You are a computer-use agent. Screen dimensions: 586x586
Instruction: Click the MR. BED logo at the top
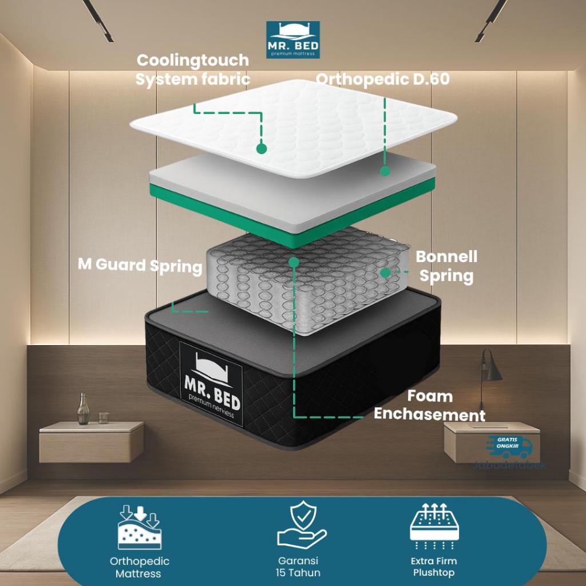(x=293, y=39)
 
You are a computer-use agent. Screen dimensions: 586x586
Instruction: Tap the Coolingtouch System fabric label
(x=193, y=69)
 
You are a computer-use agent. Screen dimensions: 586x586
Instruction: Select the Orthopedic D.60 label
(x=382, y=79)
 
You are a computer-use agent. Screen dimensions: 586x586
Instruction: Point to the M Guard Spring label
(x=140, y=266)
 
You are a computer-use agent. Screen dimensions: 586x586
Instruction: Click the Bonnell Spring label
(x=446, y=266)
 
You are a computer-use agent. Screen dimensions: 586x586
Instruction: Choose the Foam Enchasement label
(x=429, y=405)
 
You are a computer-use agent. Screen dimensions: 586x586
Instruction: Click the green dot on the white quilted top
(x=262, y=148)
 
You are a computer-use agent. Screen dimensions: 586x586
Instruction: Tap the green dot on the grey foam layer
(x=385, y=171)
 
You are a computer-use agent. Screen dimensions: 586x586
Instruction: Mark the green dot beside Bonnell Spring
(x=386, y=273)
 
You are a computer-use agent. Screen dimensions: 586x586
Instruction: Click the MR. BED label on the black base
(x=211, y=383)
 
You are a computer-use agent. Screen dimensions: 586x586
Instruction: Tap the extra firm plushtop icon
(x=434, y=526)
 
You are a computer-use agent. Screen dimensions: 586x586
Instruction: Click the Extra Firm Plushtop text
(x=434, y=567)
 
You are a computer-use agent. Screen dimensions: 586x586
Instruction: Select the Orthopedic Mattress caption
(x=139, y=567)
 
